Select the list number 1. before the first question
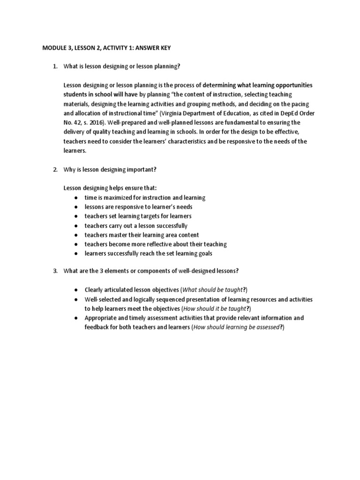pyautogui.click(x=55, y=67)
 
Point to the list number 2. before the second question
pyautogui.click(x=55, y=169)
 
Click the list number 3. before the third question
pyautogui.click(x=55, y=271)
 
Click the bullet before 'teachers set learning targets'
pyautogui.click(x=76, y=216)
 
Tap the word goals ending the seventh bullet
pyautogui.click(x=204, y=254)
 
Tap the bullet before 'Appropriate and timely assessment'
pyautogui.click(x=76, y=318)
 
